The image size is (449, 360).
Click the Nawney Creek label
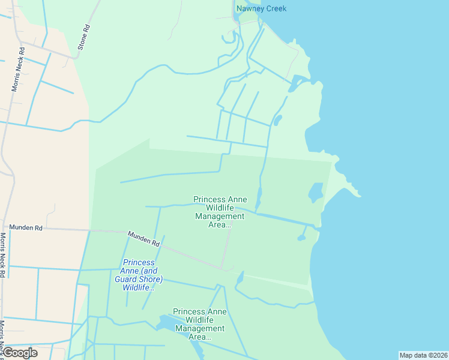tap(261, 8)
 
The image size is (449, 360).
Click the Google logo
tap(20, 353)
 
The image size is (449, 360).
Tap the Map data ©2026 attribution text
tap(423, 355)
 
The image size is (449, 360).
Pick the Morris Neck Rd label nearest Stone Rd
tap(17, 70)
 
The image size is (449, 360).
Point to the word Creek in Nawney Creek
tap(274, 8)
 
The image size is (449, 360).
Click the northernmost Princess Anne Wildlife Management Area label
tap(220, 212)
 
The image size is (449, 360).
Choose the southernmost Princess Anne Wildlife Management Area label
tap(199, 324)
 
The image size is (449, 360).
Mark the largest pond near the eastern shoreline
tap(315, 193)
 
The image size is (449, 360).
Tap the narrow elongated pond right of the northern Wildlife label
tap(259, 199)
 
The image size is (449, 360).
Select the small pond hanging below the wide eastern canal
tap(301, 238)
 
